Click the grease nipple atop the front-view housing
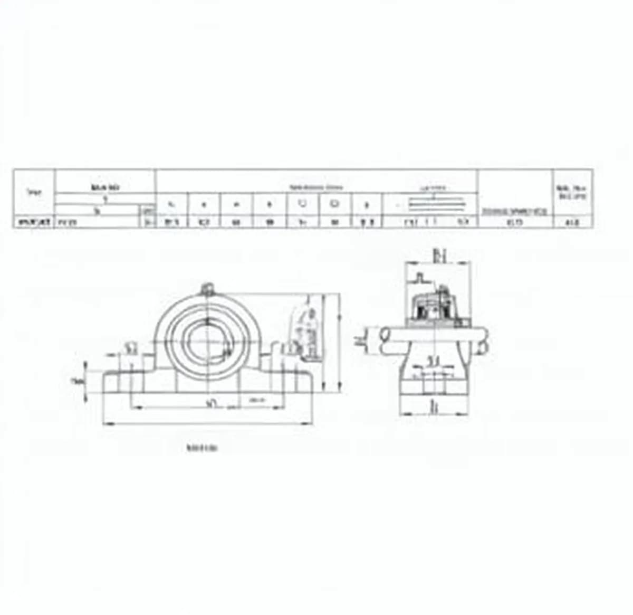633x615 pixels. coord(207,289)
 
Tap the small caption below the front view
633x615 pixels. coord(203,449)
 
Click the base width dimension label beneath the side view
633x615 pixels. coord(434,407)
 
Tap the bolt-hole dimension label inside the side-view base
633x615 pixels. coord(433,362)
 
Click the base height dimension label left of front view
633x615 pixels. coord(78,382)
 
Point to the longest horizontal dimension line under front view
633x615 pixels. coord(208,423)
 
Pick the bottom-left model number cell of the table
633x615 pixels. coord(34,222)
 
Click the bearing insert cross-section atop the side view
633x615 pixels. coord(435,306)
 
